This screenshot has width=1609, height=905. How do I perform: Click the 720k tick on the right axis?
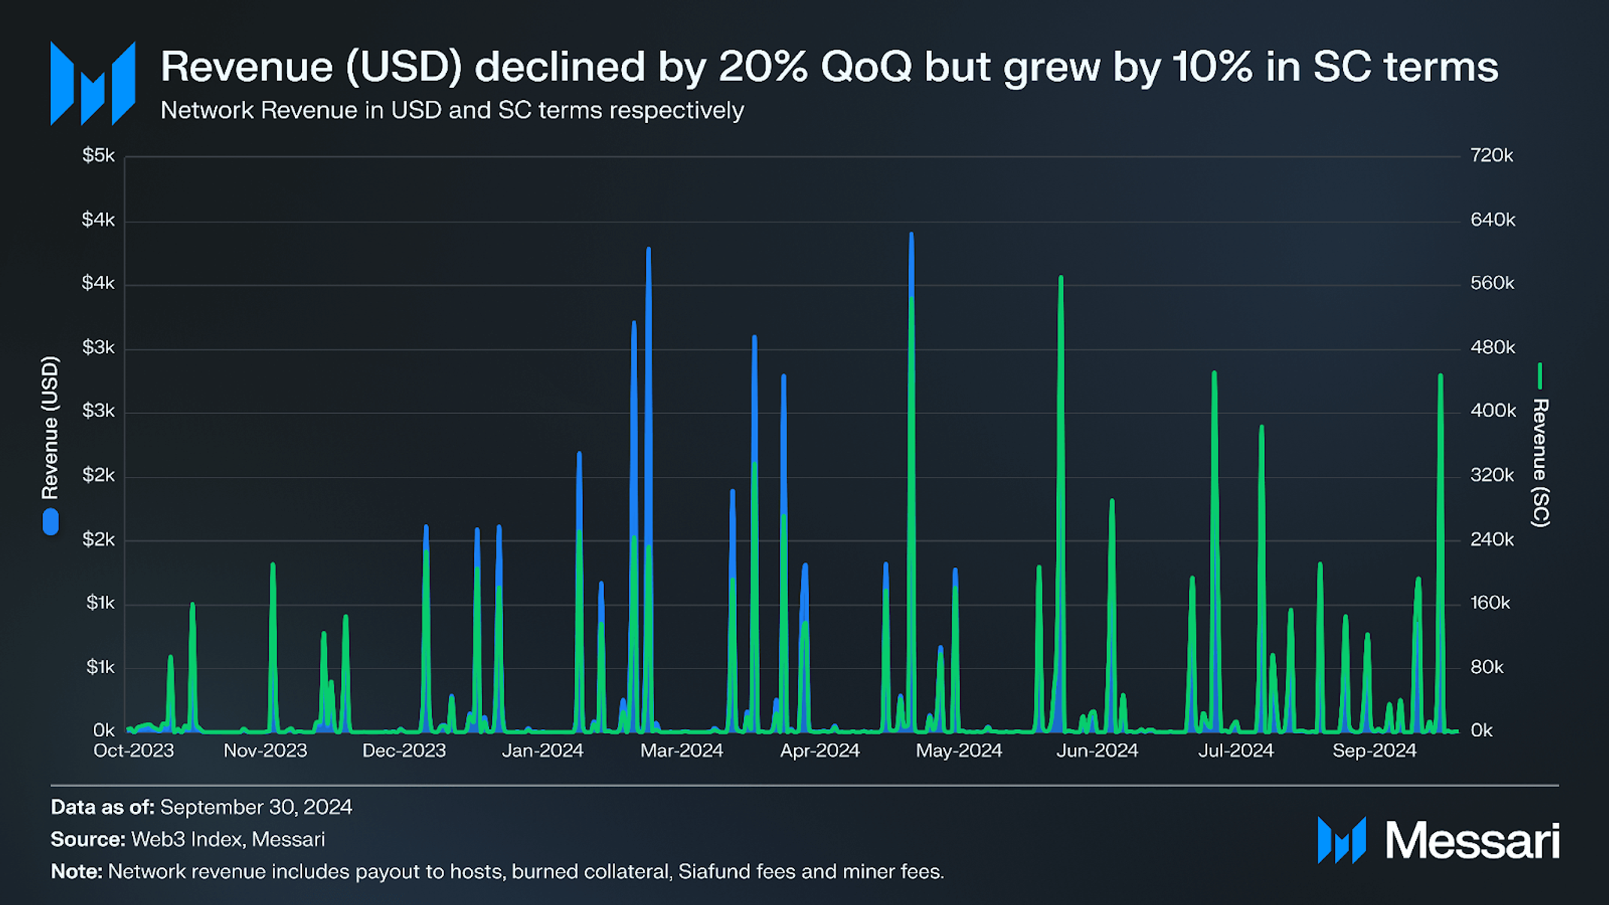(x=1491, y=155)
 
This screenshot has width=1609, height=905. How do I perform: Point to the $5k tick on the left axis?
(x=98, y=155)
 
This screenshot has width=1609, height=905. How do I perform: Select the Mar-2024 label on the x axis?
(x=681, y=750)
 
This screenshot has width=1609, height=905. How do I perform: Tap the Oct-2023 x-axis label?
(x=133, y=750)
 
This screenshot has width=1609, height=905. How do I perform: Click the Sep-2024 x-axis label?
(x=1374, y=750)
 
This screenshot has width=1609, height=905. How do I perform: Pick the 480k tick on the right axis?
(x=1492, y=348)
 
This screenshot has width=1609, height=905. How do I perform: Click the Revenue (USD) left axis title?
(x=50, y=428)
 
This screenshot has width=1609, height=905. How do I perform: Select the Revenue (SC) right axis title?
(x=1540, y=463)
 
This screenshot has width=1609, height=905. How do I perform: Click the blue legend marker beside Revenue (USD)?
(x=50, y=522)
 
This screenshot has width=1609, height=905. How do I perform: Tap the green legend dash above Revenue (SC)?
(x=1540, y=376)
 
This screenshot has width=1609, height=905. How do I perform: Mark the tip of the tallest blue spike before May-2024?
(x=911, y=235)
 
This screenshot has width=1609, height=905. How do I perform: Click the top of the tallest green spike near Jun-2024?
(x=1061, y=278)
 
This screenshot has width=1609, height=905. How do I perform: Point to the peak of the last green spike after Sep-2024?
(x=1440, y=376)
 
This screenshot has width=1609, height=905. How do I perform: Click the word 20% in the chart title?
(x=763, y=67)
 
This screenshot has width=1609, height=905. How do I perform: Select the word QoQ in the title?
(x=866, y=67)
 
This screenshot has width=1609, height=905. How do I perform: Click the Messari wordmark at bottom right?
(x=1472, y=840)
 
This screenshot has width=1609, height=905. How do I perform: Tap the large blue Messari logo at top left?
(x=92, y=83)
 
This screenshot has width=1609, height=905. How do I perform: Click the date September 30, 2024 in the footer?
(x=256, y=807)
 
